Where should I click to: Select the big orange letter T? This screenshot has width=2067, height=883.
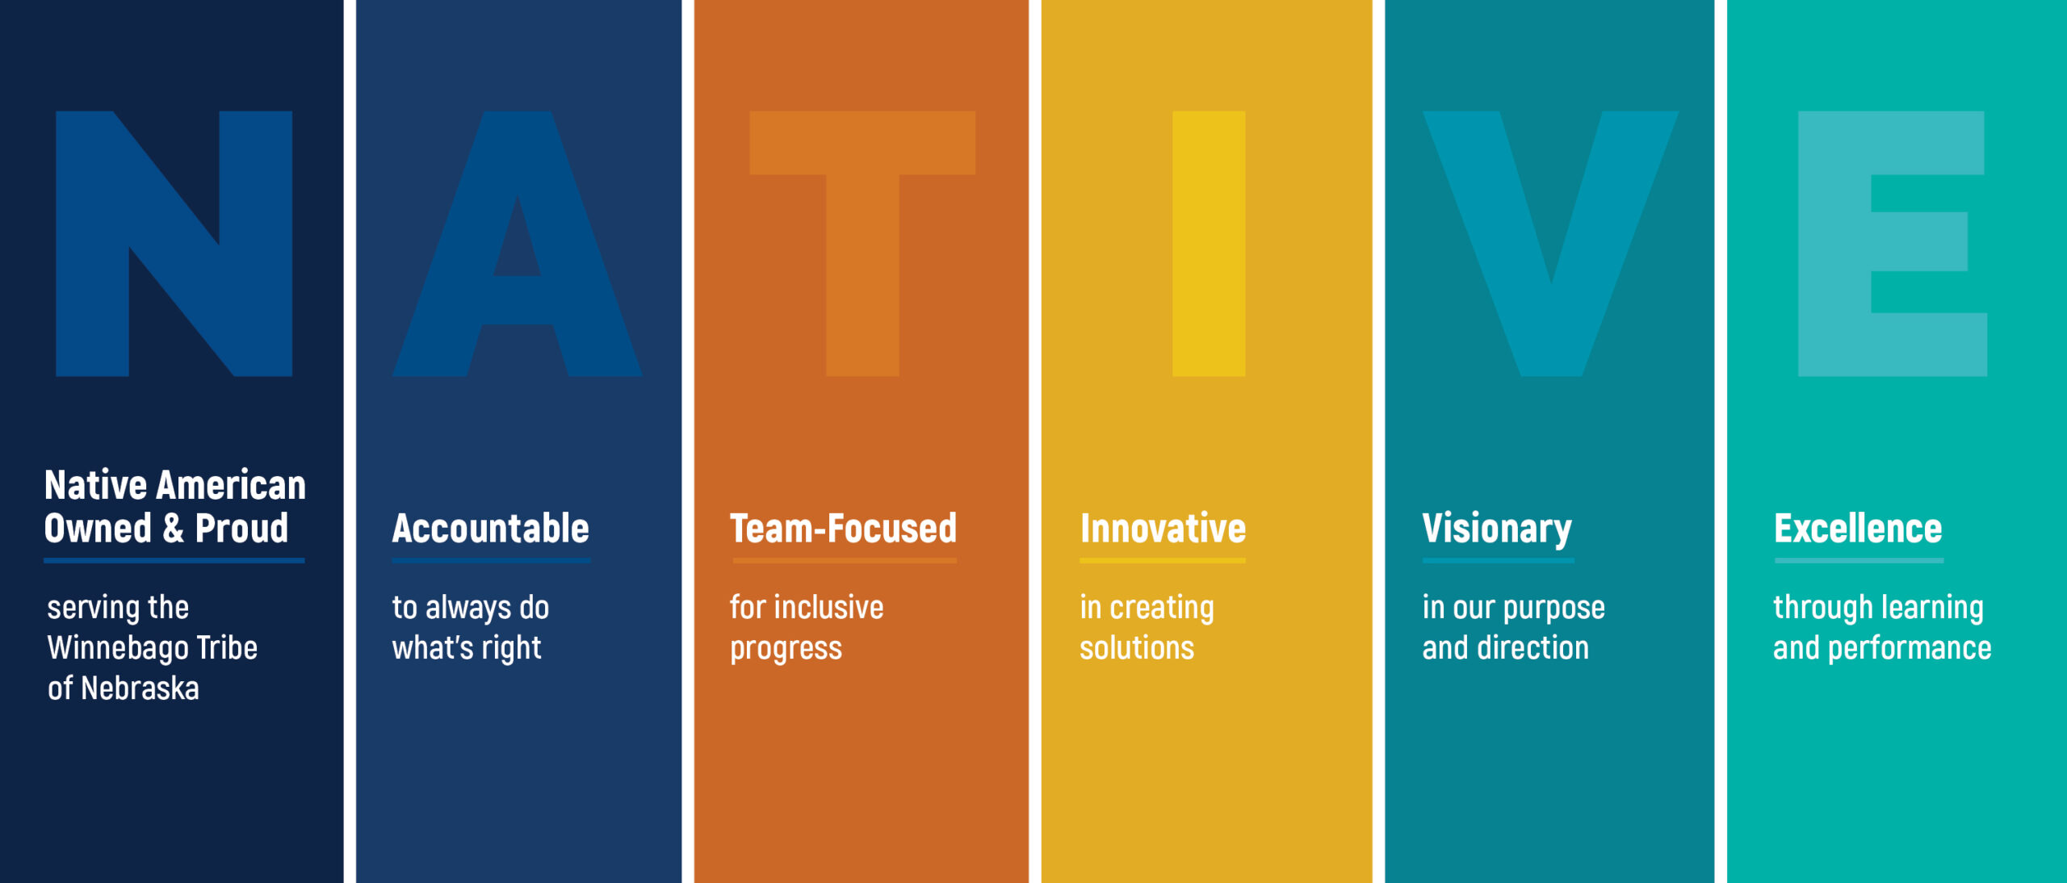(862, 242)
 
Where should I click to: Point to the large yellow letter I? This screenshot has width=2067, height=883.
(1209, 243)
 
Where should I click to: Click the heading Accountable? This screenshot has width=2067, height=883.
(491, 529)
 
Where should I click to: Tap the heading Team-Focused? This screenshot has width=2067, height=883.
(843, 529)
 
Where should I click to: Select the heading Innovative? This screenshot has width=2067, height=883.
(1163, 529)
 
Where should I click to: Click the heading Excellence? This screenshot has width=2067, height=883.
(1858, 529)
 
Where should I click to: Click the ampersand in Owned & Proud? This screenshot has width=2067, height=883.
(173, 529)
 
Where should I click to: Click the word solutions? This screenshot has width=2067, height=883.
(1137, 648)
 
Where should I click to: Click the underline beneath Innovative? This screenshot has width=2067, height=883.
(1163, 560)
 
